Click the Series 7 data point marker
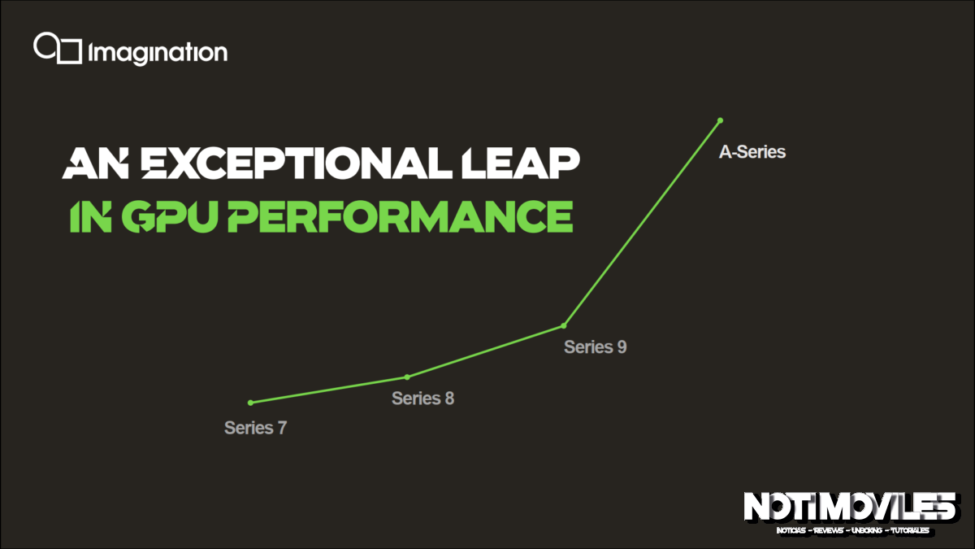[x=250, y=403]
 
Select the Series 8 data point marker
[x=407, y=377]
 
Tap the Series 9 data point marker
[x=563, y=326]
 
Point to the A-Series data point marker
[x=720, y=120]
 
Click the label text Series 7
[x=255, y=428]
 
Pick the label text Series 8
[x=422, y=399]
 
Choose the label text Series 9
[x=595, y=347]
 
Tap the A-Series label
[x=752, y=151]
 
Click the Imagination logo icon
[x=57, y=48]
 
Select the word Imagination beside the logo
[x=158, y=54]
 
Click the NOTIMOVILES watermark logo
[x=849, y=508]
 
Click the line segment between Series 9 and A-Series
[x=642, y=223]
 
